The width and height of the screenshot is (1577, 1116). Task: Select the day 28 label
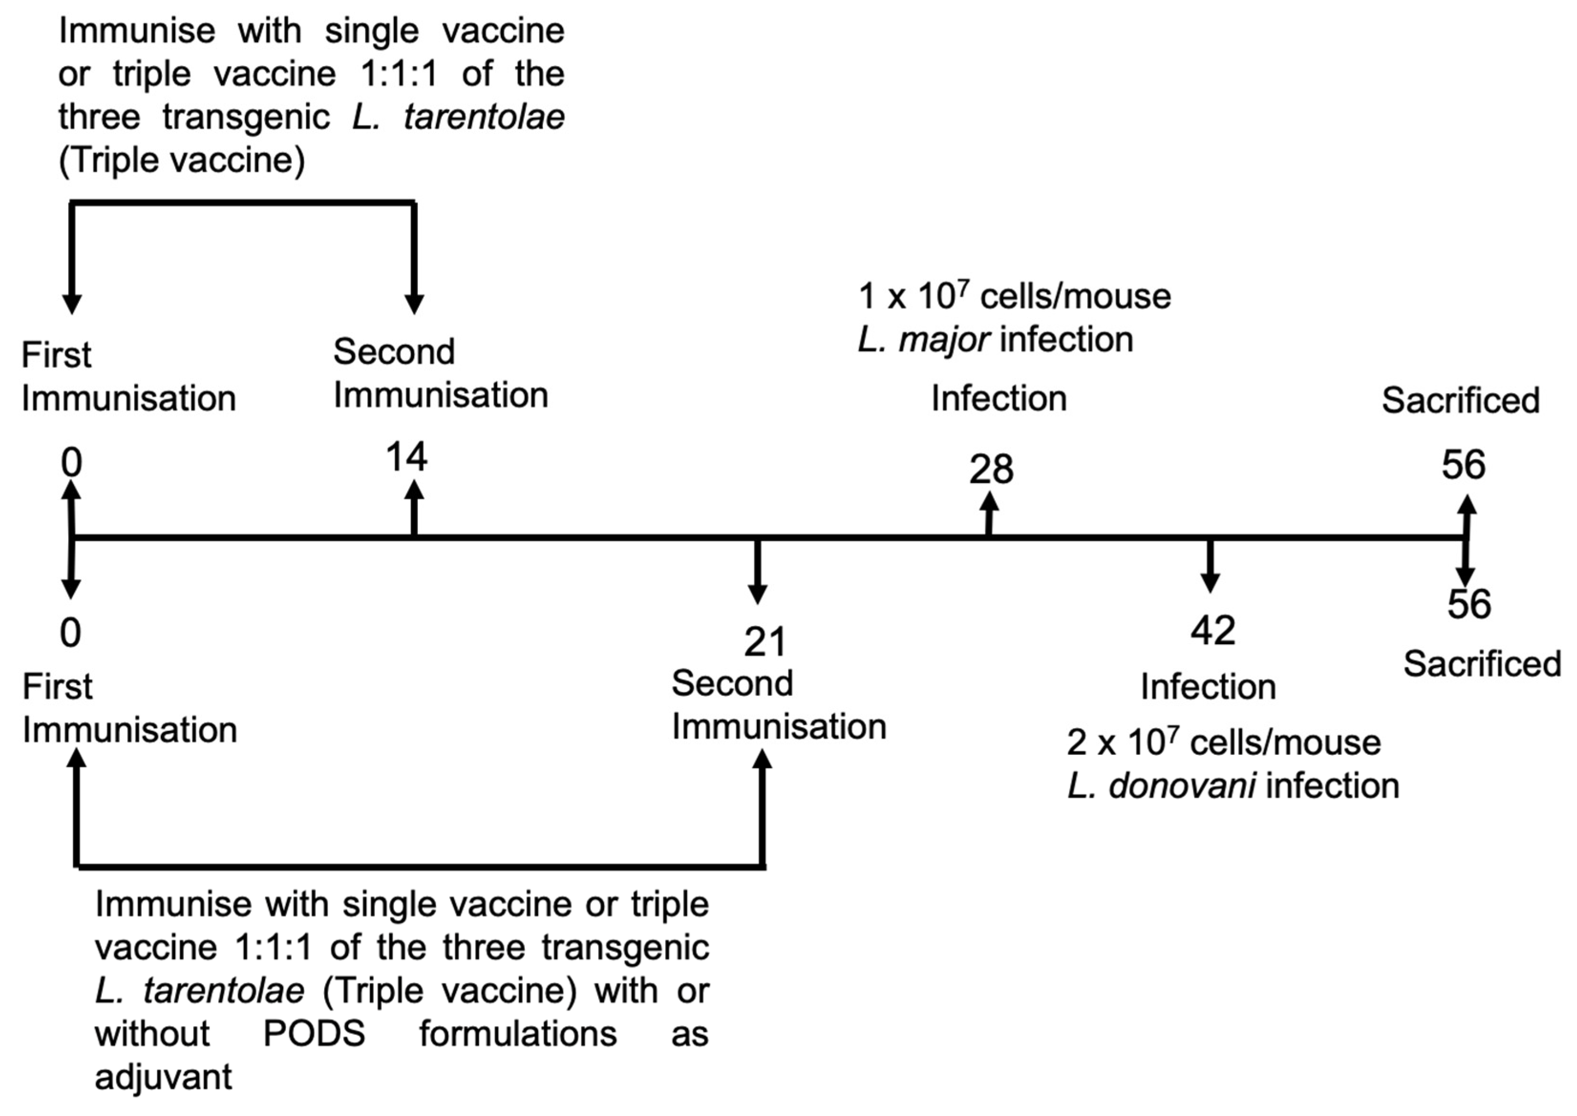point(991,470)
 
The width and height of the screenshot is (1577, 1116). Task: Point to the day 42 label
point(1213,630)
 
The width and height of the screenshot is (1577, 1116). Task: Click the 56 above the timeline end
point(1463,465)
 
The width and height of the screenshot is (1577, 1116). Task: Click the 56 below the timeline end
point(1469,605)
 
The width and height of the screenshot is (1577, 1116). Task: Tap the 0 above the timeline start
point(72,462)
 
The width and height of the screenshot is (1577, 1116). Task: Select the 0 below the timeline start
point(70,633)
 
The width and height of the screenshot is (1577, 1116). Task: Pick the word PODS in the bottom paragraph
point(314,1033)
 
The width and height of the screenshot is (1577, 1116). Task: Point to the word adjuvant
point(163,1077)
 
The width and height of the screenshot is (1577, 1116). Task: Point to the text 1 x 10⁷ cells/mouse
point(1014,297)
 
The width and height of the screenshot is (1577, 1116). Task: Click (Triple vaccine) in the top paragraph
point(181,161)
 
